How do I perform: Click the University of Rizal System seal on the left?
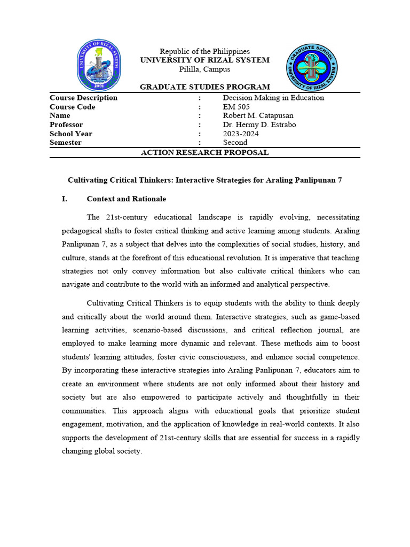99,65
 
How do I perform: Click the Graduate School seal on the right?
312,67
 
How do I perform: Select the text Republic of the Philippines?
205,51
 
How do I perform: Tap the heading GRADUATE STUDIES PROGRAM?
205,87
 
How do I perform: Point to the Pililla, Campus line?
205,69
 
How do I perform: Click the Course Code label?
73,107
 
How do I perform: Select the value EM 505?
236,107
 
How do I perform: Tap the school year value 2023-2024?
241,134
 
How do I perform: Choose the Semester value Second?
235,143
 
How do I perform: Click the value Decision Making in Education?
273,98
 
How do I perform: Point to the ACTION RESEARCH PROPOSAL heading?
205,153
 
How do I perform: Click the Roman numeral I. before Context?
65,199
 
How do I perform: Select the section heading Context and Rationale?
127,199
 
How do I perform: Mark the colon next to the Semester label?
200,143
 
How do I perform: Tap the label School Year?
71,134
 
